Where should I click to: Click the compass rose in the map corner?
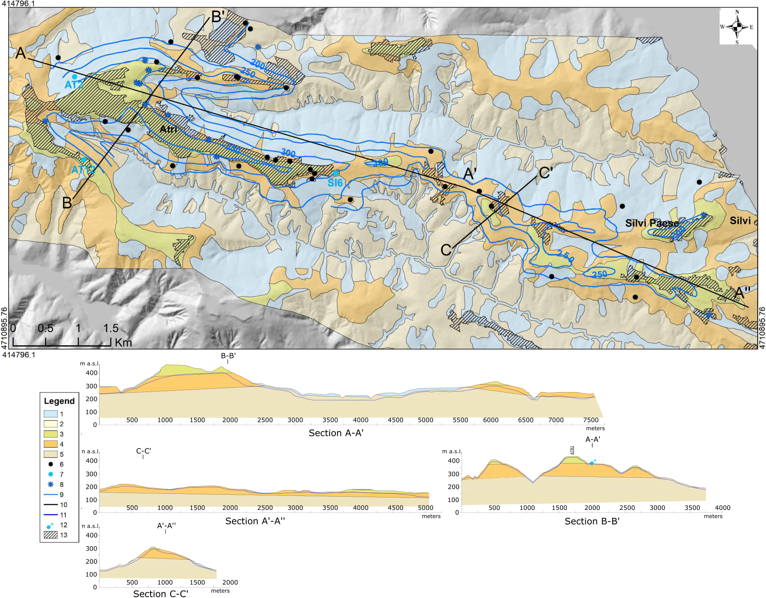[737, 27]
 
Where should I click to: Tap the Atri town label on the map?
[168, 129]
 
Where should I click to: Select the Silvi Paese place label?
[651, 223]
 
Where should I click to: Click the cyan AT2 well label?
[74, 85]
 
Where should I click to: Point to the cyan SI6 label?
[335, 183]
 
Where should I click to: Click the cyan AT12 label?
[83, 170]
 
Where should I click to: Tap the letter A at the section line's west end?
[21, 53]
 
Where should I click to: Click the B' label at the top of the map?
[218, 17]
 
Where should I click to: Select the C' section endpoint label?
[546, 172]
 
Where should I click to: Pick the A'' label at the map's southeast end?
[742, 293]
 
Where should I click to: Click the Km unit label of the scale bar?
[123, 342]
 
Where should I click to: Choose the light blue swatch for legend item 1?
[50, 414]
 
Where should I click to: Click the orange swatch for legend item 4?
[50, 444]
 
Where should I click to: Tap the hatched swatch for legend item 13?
[50, 535]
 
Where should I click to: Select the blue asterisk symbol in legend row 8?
[50, 484]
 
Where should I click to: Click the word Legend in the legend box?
[59, 401]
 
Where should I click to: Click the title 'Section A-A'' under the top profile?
[336, 433]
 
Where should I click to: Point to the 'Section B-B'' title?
[591, 521]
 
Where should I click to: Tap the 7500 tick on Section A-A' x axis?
[591, 420]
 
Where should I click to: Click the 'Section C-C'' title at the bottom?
[160, 593]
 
